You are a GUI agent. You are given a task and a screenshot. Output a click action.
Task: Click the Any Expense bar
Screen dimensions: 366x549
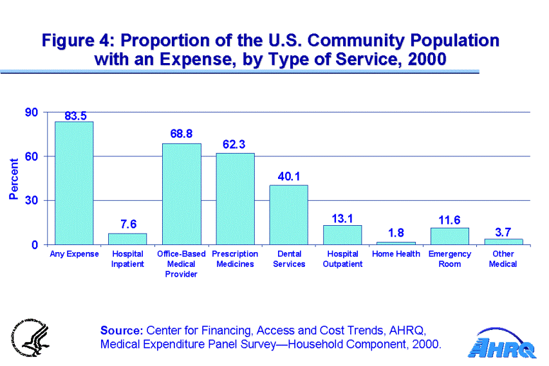[74, 183]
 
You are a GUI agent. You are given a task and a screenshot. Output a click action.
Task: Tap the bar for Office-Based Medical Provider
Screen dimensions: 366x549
[181, 194]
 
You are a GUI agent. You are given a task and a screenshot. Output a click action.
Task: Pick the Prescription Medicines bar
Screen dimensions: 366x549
[235, 199]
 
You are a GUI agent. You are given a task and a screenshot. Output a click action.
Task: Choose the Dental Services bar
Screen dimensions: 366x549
[288, 215]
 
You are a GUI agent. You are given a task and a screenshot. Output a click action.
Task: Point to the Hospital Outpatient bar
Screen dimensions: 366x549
[342, 235]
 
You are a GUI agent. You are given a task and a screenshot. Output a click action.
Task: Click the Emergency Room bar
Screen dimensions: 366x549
[449, 236]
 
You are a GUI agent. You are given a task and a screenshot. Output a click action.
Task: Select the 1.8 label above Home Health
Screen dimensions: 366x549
[396, 233]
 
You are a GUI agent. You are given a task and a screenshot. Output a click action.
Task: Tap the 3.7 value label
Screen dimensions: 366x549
[503, 230]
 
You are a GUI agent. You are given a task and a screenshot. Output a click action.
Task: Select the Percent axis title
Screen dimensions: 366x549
[14, 178]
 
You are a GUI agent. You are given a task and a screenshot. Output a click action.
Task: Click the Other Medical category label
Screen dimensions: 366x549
[503, 259]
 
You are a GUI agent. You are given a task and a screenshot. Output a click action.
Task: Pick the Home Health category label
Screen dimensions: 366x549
[396, 254]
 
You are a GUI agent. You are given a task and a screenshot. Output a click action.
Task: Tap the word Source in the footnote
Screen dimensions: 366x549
[122, 331]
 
